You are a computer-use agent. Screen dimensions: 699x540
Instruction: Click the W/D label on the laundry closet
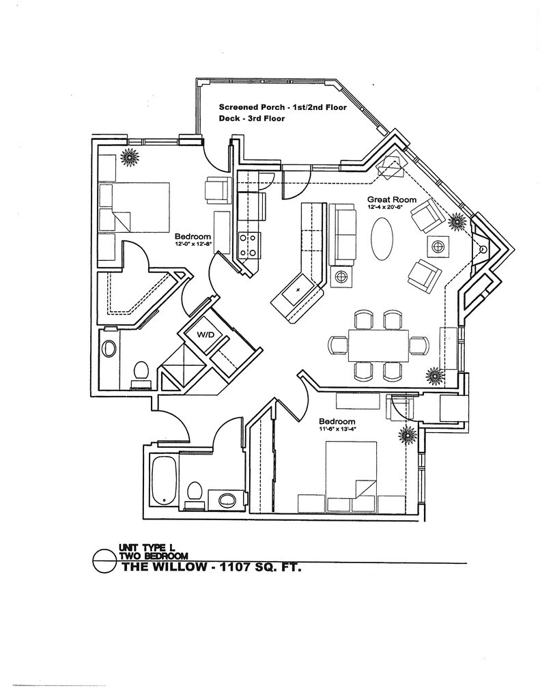[205, 334]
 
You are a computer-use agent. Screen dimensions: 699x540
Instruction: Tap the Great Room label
[386, 199]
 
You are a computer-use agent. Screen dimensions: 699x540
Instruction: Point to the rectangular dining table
[378, 345]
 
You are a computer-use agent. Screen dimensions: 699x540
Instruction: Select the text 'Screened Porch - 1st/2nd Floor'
[283, 107]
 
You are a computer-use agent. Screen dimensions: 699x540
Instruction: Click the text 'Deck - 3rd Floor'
[251, 118]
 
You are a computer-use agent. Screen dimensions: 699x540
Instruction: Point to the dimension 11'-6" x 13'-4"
[337, 429]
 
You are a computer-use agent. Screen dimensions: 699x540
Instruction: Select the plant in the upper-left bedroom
[130, 158]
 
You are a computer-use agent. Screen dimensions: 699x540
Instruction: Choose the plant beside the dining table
[434, 375]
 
